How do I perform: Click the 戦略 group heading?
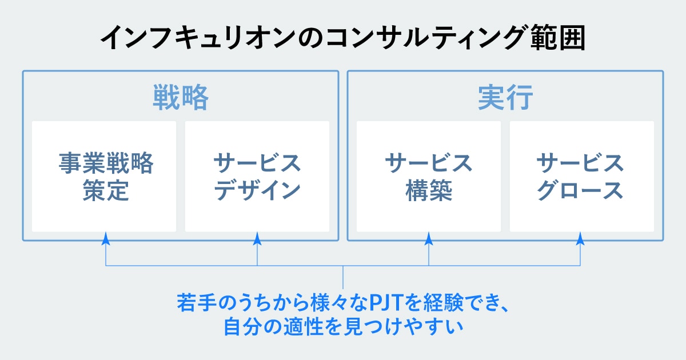180,98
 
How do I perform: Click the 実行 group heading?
505,98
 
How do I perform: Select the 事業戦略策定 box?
104,176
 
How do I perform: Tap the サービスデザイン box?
257,176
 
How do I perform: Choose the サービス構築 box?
429,176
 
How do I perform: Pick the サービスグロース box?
581,176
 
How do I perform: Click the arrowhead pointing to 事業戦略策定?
106,237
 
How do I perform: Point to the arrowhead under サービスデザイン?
257,237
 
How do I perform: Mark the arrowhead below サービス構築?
429,237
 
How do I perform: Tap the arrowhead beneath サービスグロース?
581,237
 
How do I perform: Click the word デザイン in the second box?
257,191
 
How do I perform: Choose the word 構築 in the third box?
429,191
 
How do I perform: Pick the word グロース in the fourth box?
581,191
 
